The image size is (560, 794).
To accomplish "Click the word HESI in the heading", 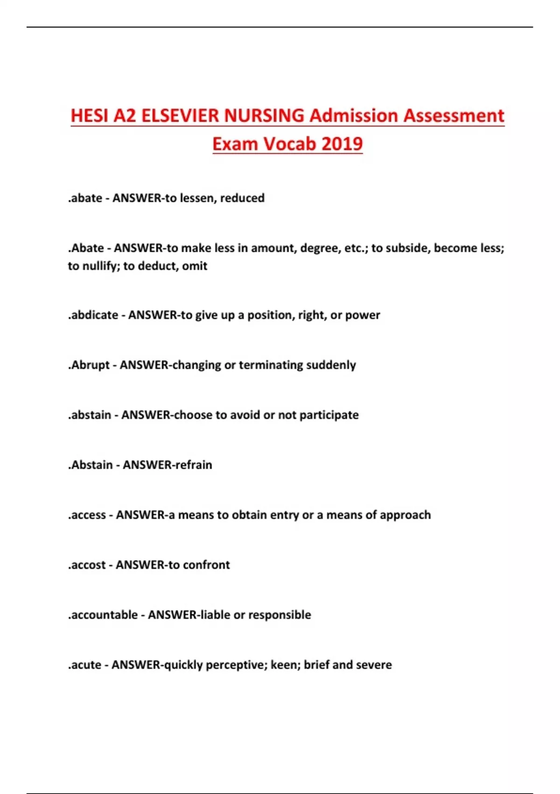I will coord(89,115).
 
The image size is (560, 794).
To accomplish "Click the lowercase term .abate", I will coord(85,198).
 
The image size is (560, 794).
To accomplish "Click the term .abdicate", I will coord(93,315).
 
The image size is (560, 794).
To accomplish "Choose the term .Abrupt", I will coord(89,365).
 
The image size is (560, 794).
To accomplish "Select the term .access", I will coord(87,515).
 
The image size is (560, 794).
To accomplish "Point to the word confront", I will coord(206,565).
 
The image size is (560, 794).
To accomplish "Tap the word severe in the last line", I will coord(375,665).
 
